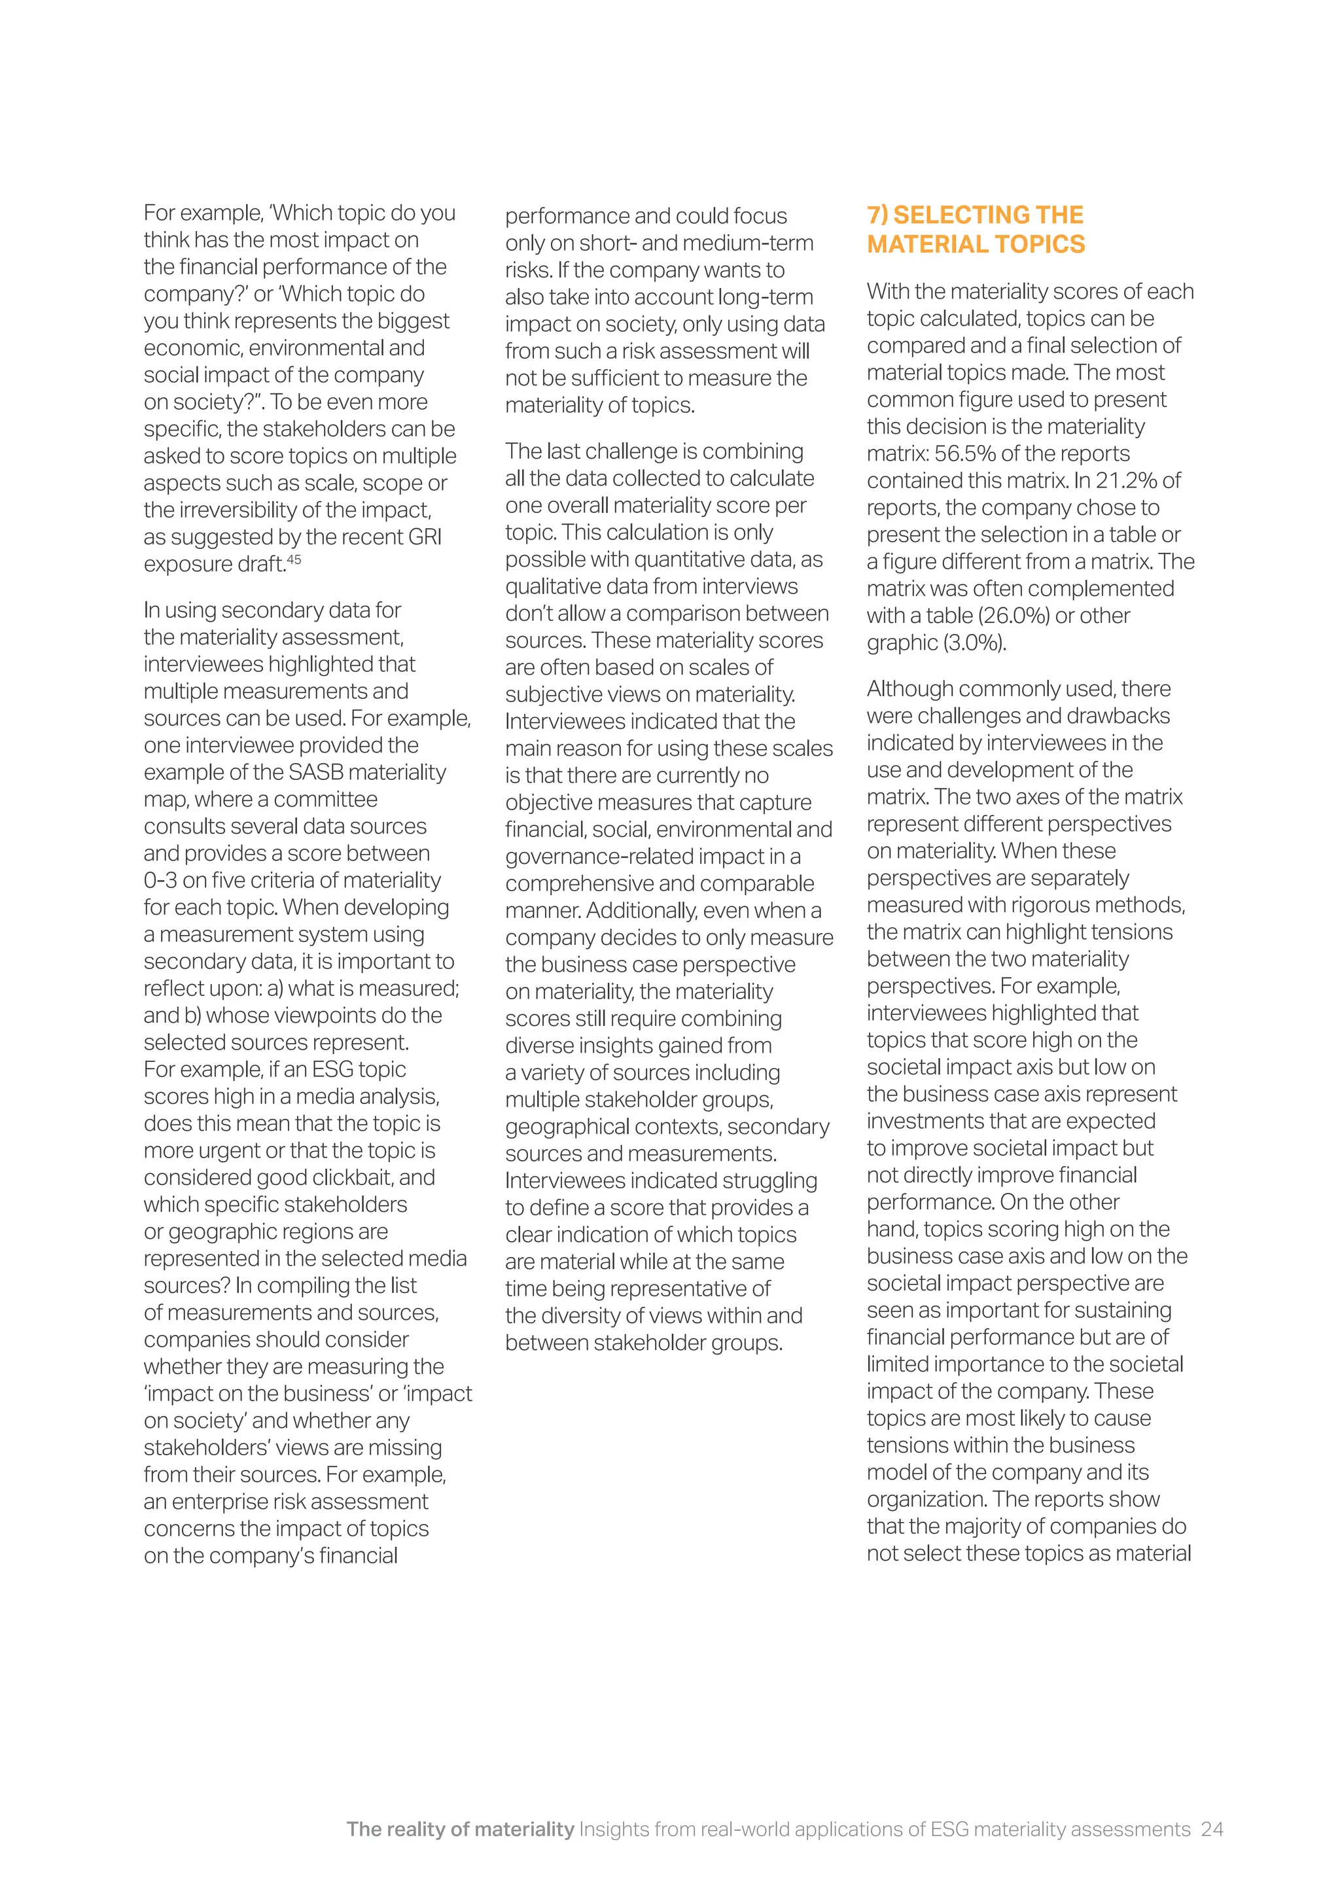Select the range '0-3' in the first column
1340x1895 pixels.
click(160, 881)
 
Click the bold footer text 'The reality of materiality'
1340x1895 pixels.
click(459, 1829)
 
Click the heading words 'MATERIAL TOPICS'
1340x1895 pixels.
click(976, 244)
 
